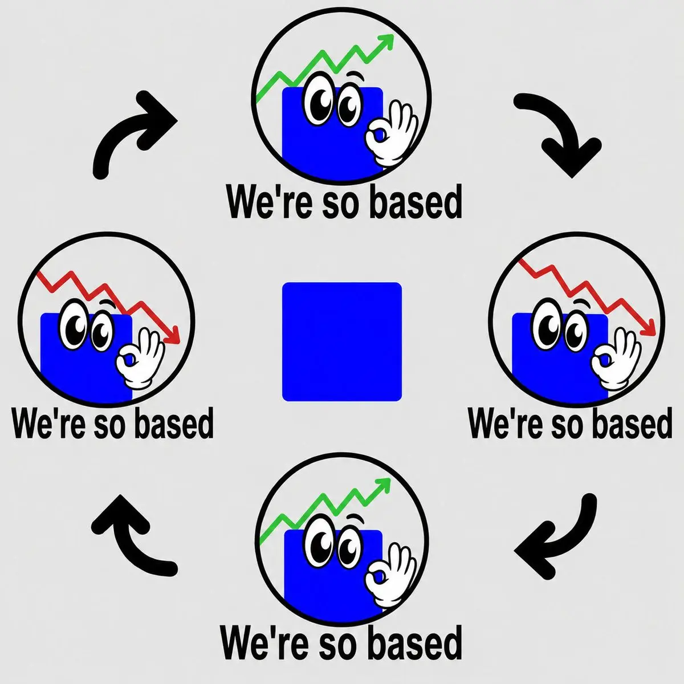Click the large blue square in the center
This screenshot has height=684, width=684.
pyautogui.click(x=342, y=342)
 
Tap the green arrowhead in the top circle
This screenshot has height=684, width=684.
pyautogui.click(x=386, y=40)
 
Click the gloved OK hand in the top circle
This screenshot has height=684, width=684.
pyautogui.click(x=390, y=133)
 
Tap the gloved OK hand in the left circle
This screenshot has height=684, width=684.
pyautogui.click(x=140, y=359)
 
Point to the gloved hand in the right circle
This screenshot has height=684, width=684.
pyautogui.click(x=616, y=359)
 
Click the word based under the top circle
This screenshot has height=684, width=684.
pyautogui.click(x=416, y=202)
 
